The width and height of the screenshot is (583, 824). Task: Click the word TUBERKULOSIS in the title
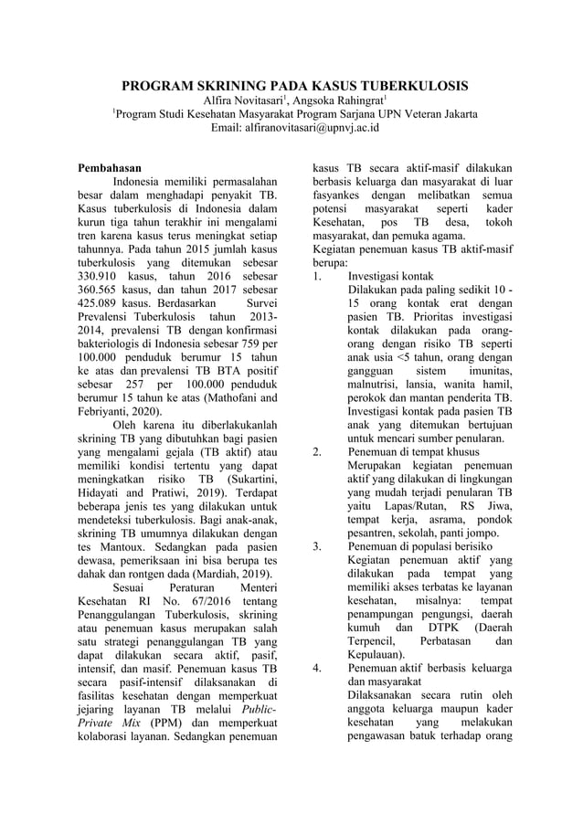point(405,86)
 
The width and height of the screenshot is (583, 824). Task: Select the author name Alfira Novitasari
point(240,100)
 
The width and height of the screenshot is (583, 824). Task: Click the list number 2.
point(316,452)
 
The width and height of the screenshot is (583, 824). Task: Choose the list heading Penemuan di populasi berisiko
point(420,547)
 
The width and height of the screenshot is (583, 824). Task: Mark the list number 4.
point(316,669)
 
